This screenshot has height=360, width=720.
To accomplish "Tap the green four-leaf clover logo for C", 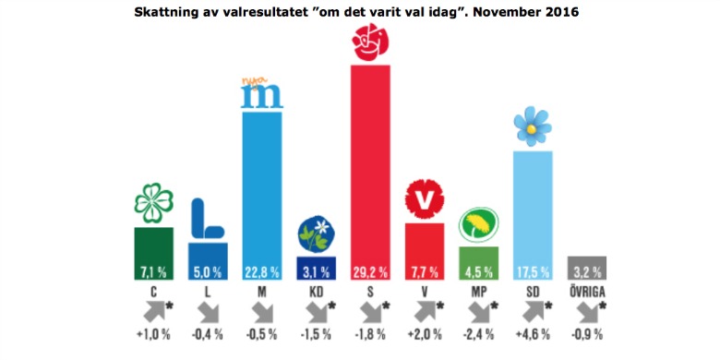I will (x=154, y=204).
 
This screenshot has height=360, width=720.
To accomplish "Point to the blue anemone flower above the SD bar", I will (x=531, y=126).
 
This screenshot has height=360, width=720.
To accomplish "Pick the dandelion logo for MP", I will (x=478, y=225).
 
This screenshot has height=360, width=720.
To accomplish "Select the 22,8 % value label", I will (x=262, y=271).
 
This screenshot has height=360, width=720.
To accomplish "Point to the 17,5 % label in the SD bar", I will (x=532, y=271).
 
